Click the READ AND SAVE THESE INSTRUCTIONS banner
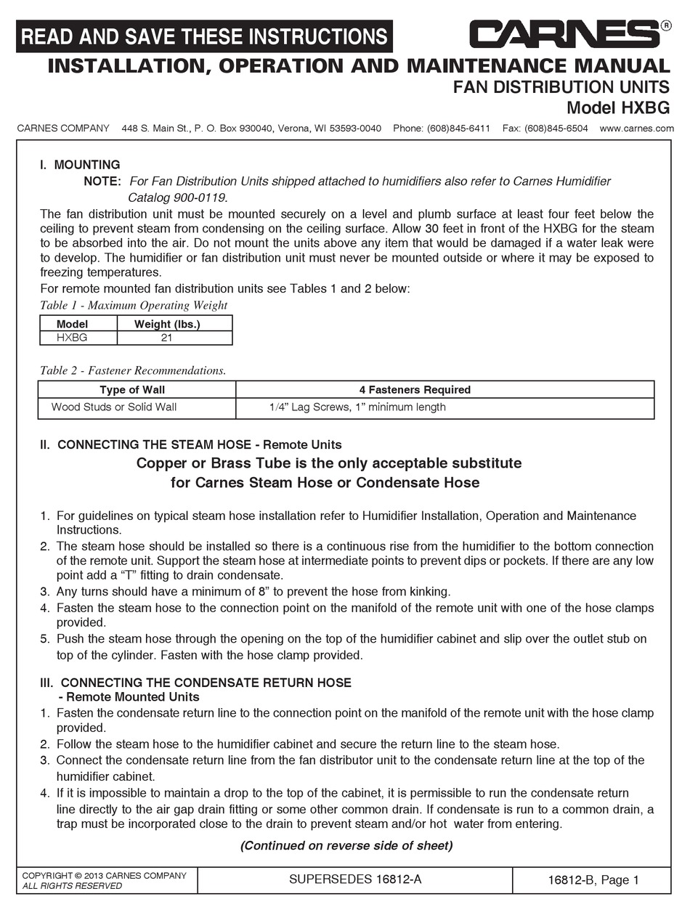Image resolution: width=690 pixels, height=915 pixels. click(205, 36)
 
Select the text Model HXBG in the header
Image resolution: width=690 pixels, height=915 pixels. click(618, 108)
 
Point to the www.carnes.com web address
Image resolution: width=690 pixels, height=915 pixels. click(637, 129)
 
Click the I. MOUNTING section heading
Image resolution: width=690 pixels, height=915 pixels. click(80, 165)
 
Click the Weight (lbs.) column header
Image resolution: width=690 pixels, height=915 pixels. click(167, 324)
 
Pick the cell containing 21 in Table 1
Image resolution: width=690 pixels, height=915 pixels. click(167, 338)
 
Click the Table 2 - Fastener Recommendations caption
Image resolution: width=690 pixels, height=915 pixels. click(132, 370)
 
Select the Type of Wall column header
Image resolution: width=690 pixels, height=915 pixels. click(132, 390)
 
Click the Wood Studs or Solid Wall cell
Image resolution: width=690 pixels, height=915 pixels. click(114, 407)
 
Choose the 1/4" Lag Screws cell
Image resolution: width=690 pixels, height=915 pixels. click(357, 407)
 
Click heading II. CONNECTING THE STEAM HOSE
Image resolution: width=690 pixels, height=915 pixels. click(191, 444)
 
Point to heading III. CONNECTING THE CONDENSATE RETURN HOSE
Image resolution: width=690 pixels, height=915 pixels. click(196, 683)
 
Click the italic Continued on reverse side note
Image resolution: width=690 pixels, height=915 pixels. click(346, 845)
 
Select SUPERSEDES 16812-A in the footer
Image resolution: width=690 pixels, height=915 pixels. click(355, 879)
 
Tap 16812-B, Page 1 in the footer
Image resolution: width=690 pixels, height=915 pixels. click(593, 880)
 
